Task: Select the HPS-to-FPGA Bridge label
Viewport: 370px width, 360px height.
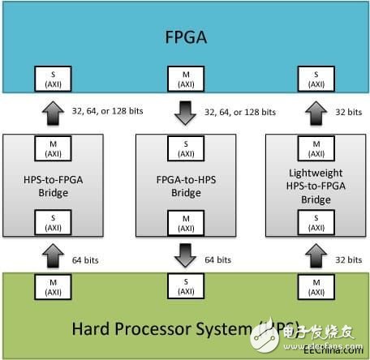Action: (x=53, y=184)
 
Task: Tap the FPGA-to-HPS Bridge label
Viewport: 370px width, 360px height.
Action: (x=185, y=184)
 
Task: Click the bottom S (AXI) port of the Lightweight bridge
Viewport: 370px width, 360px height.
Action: (x=316, y=221)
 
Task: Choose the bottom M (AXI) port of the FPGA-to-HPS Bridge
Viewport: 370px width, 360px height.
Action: (x=185, y=221)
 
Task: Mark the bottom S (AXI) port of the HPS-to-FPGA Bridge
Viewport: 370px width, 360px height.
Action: (x=53, y=221)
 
